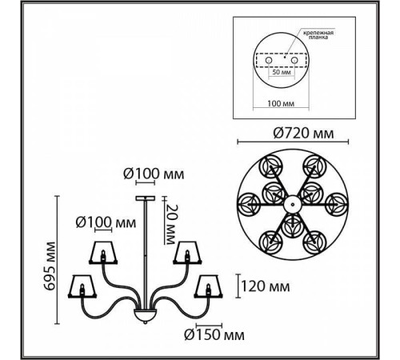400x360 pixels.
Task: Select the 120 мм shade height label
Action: point(264,284)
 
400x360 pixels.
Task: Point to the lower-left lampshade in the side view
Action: point(83,286)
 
